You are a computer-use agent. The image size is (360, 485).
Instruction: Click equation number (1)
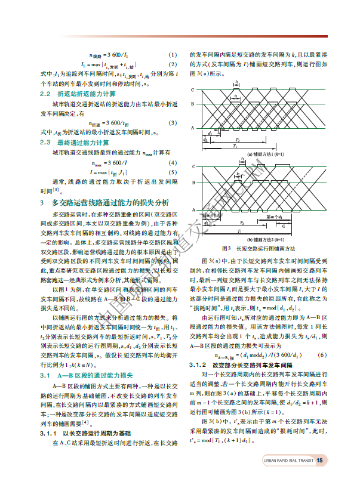[173, 54]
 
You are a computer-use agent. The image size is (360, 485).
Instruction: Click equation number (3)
[173, 123]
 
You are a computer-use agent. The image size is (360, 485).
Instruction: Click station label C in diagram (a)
[192, 90]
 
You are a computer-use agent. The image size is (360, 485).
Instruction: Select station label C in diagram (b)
[192, 169]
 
